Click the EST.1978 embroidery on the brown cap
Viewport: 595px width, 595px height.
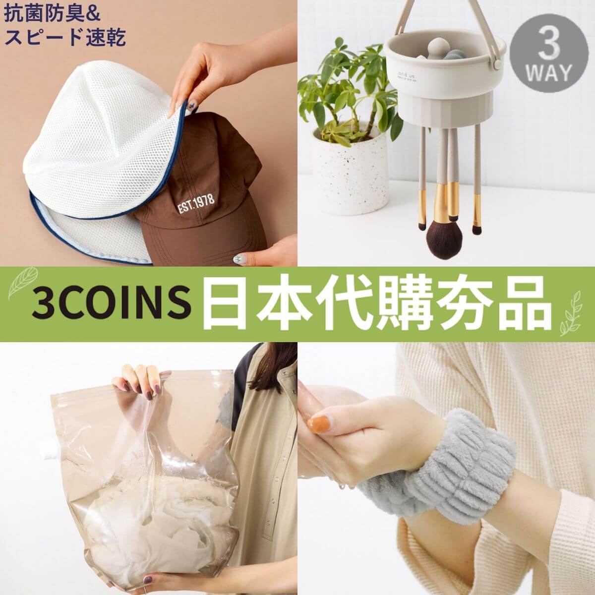(196, 203)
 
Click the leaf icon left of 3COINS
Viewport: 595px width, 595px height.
(22, 283)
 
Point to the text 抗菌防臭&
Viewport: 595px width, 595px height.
(53, 14)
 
